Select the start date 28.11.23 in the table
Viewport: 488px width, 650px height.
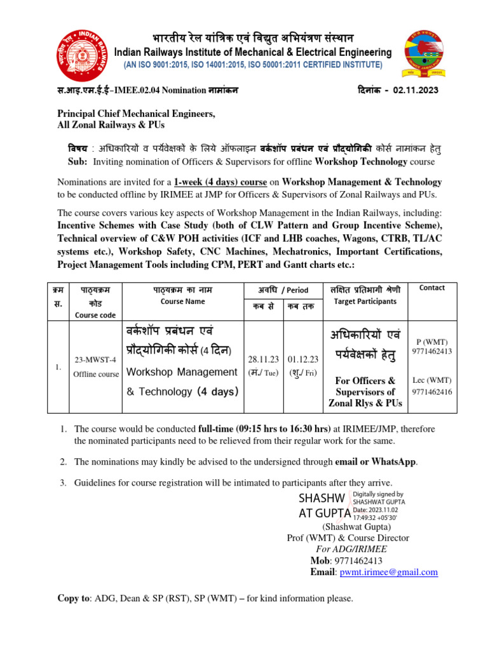tap(262, 359)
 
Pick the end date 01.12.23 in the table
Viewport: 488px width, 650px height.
tap(303, 359)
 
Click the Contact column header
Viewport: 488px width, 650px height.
tap(432, 288)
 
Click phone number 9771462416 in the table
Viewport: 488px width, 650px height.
tap(432, 392)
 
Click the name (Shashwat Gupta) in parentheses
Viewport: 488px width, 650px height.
tap(356, 526)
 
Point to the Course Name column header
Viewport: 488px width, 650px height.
tap(182, 302)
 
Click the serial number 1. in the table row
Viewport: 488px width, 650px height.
tap(58, 367)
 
